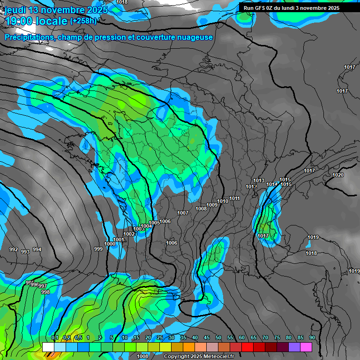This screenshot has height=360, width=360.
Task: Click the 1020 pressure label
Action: tap(337, 175)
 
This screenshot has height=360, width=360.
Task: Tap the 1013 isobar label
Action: tap(259, 180)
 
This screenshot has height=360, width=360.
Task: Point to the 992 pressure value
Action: tap(14, 249)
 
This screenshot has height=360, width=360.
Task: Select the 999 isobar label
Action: tap(98, 249)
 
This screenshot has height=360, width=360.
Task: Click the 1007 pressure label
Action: tap(183, 213)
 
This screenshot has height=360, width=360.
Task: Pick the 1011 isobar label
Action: tap(235, 198)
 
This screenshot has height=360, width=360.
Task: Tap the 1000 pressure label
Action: tap(110, 244)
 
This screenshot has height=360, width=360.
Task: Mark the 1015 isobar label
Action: tap(285, 180)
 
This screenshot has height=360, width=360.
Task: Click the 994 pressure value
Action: tap(37, 249)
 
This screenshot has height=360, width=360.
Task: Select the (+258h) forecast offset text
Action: tap(83, 21)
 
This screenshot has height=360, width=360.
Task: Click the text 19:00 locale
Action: tap(36, 21)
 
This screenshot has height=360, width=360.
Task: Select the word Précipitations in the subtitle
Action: tap(29, 37)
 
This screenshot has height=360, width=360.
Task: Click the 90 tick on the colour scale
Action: tap(312, 337)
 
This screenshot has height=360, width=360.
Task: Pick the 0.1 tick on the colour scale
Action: tap(55, 337)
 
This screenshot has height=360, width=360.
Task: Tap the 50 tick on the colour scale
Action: tap(218, 337)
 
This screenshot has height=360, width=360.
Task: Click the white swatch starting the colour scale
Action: tap(48, 347)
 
